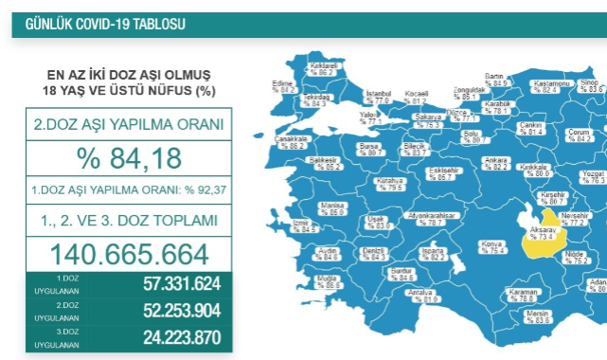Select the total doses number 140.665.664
128,255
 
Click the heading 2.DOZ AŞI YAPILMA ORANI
128,123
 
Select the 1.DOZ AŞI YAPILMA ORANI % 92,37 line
128,189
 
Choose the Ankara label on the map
498,163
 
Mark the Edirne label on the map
281,87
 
